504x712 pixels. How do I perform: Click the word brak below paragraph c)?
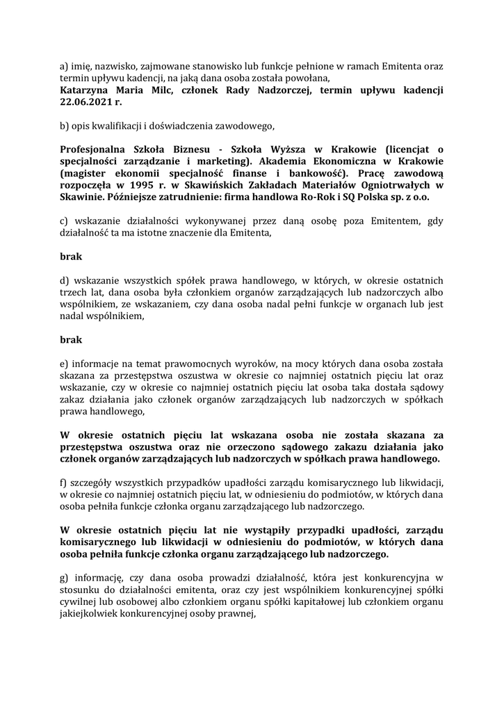click(x=71, y=257)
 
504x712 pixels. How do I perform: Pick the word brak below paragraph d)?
click(x=71, y=340)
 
